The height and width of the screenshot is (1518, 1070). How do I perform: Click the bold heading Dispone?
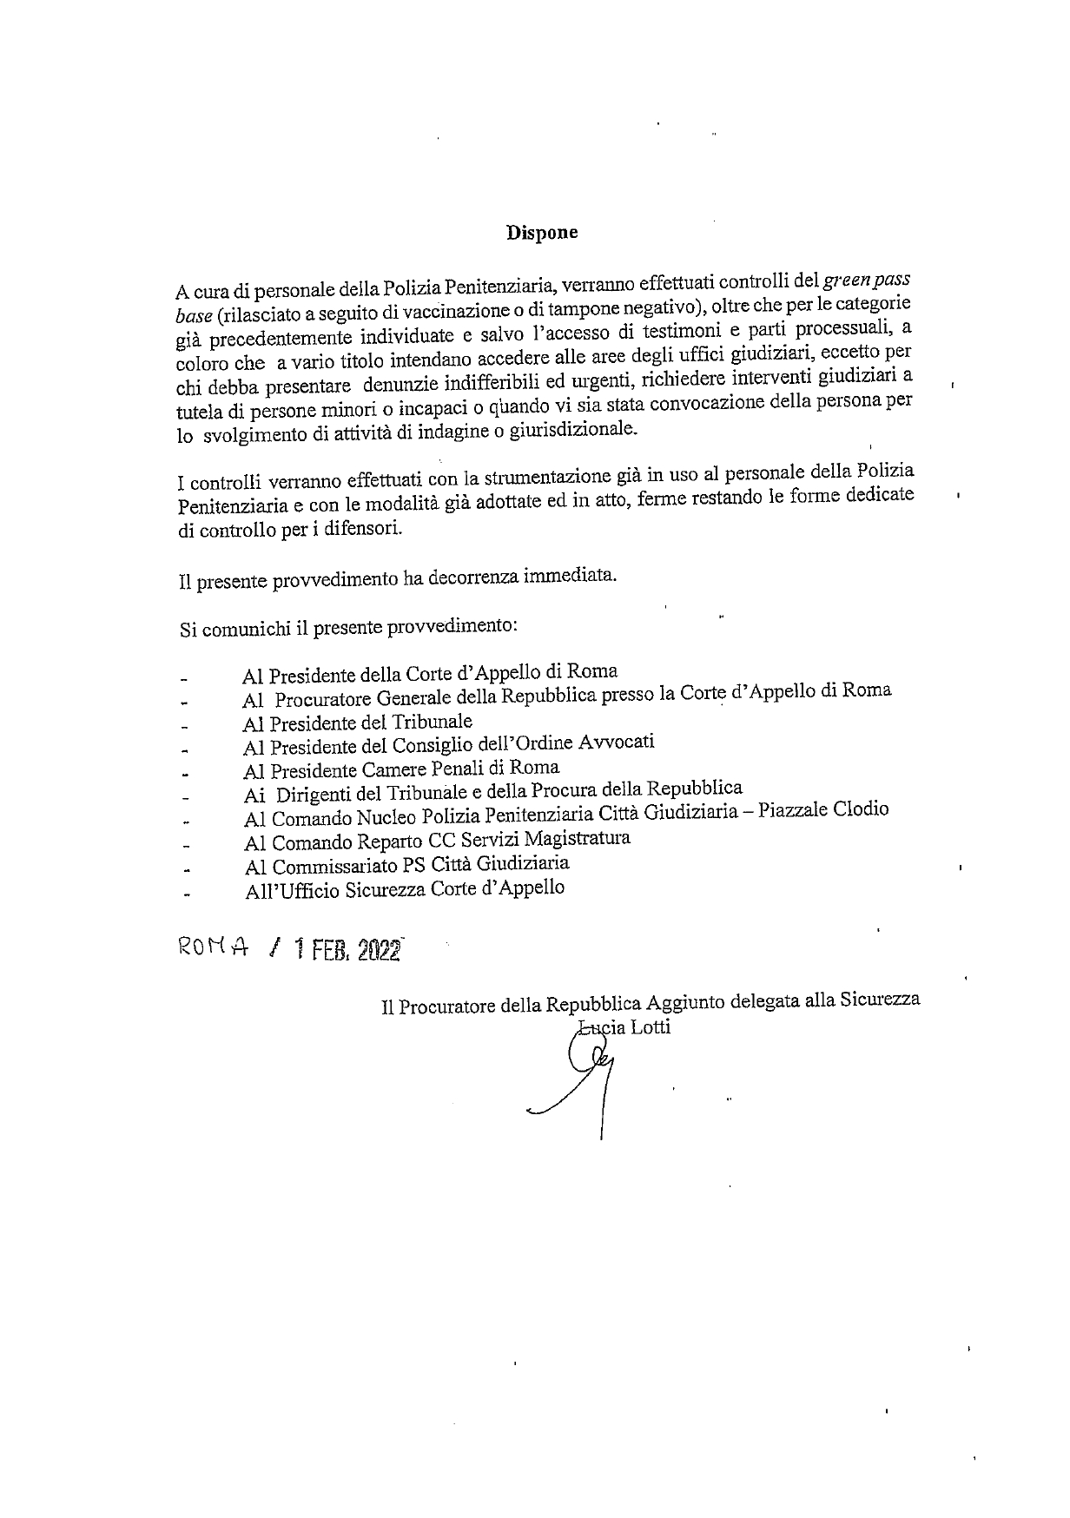pyautogui.click(x=542, y=233)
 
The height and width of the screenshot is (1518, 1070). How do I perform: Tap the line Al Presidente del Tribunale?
pyautogui.click(x=358, y=722)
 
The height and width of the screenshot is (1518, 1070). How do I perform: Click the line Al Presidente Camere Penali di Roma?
pyautogui.click(x=401, y=769)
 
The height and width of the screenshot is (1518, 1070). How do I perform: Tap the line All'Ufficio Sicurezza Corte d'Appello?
pyautogui.click(x=405, y=888)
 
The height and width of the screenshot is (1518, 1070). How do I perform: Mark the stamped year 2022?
pyautogui.click(x=378, y=951)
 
